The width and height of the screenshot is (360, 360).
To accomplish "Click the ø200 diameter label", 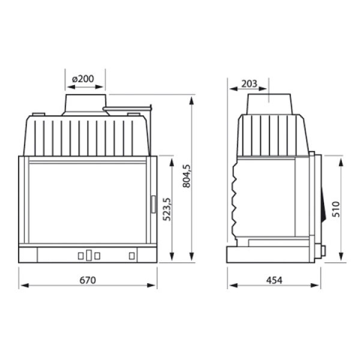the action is click(83, 79).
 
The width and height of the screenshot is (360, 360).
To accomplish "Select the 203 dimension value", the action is click(249, 84).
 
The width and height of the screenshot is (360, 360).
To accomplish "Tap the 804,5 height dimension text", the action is click(187, 176).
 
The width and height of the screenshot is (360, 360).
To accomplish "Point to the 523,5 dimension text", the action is click(167, 209).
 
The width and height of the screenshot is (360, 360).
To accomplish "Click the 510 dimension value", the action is click(336, 209).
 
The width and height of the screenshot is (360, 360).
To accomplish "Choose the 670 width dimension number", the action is click(88, 280).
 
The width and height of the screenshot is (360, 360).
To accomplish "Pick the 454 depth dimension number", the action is click(274, 280).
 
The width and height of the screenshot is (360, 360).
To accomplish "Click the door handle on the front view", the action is click(154, 204).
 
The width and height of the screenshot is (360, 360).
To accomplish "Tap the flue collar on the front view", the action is click(86, 104).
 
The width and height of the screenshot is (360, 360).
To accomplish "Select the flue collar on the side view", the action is click(269, 104).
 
